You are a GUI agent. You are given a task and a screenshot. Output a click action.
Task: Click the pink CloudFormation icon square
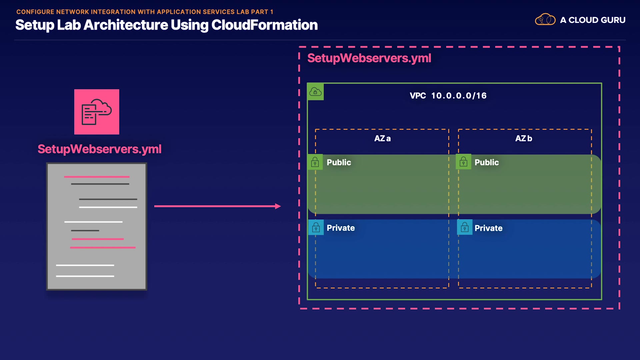click(x=97, y=112)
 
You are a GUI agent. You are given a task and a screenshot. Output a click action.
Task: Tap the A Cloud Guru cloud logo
click(x=545, y=20)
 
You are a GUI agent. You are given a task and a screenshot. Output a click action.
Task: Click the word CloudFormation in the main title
click(x=264, y=25)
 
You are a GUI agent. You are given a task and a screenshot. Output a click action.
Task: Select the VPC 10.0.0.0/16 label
click(x=448, y=96)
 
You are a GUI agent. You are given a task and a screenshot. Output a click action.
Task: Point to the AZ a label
click(x=382, y=138)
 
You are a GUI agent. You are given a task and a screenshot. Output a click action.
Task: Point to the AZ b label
click(x=523, y=138)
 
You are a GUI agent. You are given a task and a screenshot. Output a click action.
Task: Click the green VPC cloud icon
click(x=315, y=92)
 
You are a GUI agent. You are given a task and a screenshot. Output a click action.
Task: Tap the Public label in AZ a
click(x=339, y=162)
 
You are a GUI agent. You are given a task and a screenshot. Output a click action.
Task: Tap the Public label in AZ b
click(x=486, y=162)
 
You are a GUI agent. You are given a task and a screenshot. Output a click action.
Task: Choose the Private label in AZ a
click(x=340, y=228)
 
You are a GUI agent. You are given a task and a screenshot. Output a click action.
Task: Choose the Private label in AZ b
click(x=488, y=228)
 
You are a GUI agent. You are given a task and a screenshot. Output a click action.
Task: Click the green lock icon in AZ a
click(x=315, y=162)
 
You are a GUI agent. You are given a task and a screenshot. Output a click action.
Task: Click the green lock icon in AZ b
click(x=463, y=162)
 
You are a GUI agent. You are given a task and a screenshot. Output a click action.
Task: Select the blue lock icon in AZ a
click(x=316, y=227)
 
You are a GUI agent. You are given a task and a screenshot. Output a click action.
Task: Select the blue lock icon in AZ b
click(x=464, y=227)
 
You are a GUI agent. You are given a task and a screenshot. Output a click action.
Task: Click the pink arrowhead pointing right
click(x=278, y=206)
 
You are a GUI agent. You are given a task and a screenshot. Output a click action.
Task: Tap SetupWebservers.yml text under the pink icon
click(x=99, y=149)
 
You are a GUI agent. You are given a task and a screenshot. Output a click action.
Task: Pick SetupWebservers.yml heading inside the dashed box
click(x=369, y=58)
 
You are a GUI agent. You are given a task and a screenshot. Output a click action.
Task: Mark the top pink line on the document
click(x=97, y=177)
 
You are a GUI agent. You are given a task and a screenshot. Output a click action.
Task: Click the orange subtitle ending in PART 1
click(x=145, y=12)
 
